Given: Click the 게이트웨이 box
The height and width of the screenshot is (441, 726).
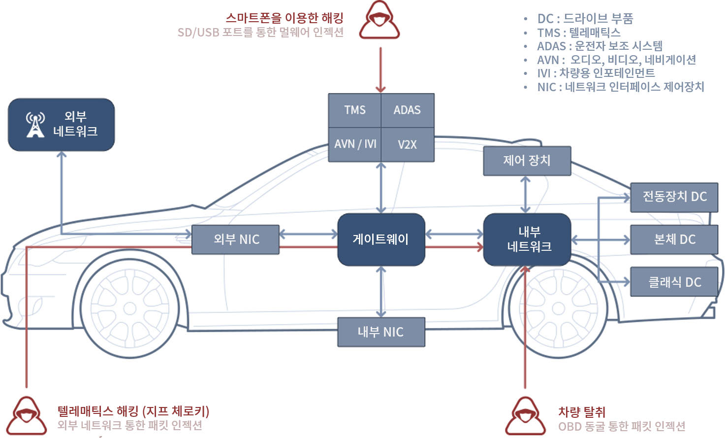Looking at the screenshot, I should click(x=381, y=239).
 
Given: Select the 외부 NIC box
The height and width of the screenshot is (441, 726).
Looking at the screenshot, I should click(x=235, y=239).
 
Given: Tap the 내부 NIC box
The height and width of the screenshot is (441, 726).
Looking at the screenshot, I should click(x=381, y=332).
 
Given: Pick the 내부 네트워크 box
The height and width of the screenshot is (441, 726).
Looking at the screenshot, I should click(x=527, y=239).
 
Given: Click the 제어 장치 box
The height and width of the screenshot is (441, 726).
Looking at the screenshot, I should click(x=527, y=161).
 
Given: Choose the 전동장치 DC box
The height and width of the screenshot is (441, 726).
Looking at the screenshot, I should click(x=674, y=197).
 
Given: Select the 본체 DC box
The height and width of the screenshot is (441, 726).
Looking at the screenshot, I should click(x=674, y=239).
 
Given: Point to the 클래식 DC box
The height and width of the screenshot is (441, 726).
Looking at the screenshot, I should click(x=674, y=282).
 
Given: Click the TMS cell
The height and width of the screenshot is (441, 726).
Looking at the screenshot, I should click(x=355, y=110).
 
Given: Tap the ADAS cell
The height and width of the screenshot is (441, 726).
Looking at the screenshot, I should click(x=408, y=110).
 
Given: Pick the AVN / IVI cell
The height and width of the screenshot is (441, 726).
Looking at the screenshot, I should click(x=355, y=144).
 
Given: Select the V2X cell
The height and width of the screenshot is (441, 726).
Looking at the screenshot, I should click(x=408, y=144).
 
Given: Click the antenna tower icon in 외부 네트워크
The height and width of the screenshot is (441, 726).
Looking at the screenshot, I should click(x=35, y=125).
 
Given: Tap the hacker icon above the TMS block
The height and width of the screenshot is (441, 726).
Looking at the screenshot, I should click(x=379, y=21).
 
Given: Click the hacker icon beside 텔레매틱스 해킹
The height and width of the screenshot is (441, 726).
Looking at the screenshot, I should click(x=27, y=417).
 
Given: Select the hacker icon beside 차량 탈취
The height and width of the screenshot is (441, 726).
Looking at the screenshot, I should click(x=525, y=417).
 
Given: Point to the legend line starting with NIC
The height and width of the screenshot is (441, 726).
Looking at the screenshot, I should click(x=620, y=87).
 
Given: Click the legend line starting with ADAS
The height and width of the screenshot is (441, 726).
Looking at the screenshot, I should click(x=600, y=46).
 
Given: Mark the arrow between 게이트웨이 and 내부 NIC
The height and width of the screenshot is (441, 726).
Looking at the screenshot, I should click(x=381, y=292).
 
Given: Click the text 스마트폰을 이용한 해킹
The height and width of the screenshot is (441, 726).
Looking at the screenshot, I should click(x=284, y=18).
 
